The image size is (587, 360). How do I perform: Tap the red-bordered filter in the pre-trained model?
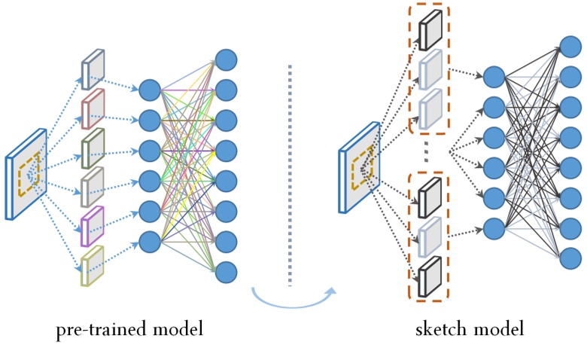[93, 106]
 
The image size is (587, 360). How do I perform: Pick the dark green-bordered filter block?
[93, 145]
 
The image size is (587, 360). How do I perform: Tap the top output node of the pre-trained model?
[226, 59]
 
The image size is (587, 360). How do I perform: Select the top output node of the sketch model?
[570, 47]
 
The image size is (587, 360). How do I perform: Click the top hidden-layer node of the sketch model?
[494, 76]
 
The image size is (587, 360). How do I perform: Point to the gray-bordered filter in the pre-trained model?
[93, 183]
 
